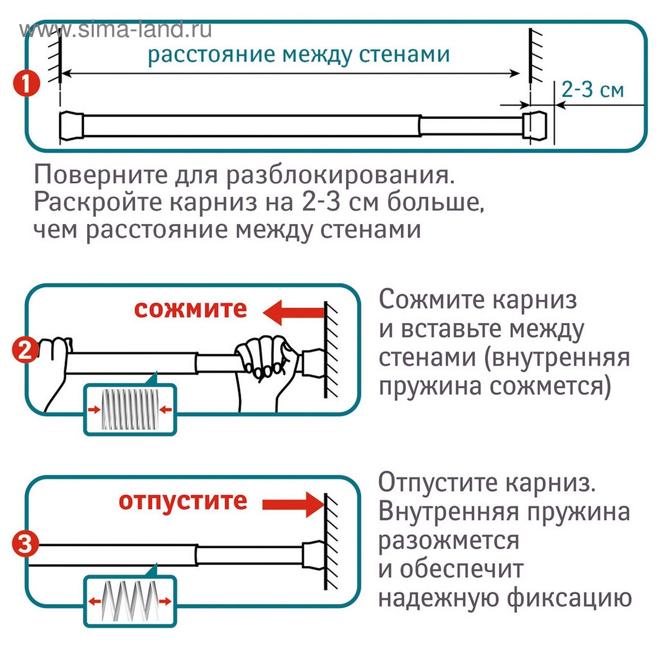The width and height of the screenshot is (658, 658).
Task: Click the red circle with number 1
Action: [26, 84]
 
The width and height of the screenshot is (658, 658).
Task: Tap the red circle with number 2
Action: [25, 350]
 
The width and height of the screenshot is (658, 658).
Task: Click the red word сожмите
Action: [190, 309]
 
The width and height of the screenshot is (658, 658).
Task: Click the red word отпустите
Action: [183, 501]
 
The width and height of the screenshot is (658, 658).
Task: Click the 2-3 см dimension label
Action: [592, 89]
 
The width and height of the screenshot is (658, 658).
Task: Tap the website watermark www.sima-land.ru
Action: [116, 30]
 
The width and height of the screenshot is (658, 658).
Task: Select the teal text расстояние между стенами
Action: [299, 54]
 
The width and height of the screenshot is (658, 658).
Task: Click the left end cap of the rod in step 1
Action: [71, 125]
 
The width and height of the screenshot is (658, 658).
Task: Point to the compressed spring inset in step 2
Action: [130, 409]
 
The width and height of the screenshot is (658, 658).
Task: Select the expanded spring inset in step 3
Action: [130, 601]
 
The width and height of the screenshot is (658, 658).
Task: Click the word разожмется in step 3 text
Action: [448, 540]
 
